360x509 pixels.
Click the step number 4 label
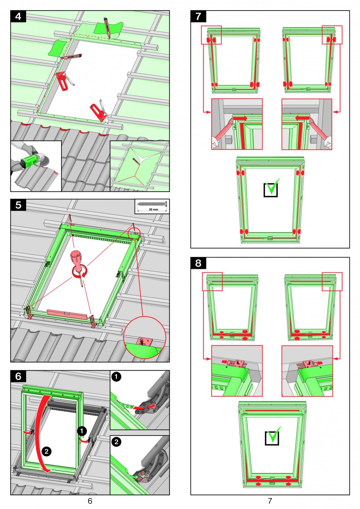18,16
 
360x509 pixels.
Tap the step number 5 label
18,205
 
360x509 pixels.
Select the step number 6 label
18,376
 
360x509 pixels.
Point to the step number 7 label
198,16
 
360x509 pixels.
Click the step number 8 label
198,263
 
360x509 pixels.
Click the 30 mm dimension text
153,210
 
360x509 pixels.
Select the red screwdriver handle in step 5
76,257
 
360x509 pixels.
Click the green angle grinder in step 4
29,161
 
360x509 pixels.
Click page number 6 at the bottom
90,501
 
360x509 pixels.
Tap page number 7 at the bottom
270,501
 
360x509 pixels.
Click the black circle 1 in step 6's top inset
116,377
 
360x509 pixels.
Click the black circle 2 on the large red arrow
47,451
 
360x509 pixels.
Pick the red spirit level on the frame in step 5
67,314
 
